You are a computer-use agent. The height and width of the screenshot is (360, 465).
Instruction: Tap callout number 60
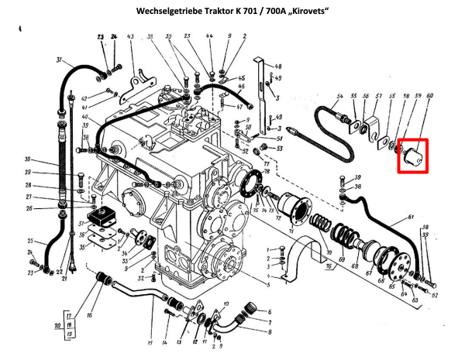(429, 96)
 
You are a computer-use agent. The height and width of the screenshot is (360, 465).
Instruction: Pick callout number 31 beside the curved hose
(60, 61)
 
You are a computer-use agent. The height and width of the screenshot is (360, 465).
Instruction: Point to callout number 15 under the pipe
(150, 343)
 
